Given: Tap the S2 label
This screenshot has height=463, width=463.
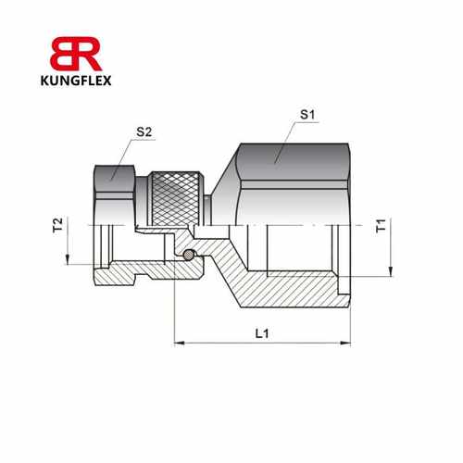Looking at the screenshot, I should tap(144, 132).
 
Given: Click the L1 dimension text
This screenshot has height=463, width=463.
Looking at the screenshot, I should tap(263, 332).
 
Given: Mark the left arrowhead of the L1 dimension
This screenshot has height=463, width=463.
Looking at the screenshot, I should tap(179, 343).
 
